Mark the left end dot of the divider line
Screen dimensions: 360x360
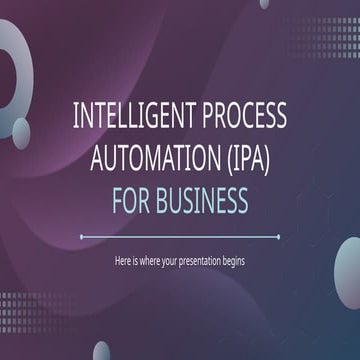click(x=81, y=237)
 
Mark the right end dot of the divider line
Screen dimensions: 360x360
click(x=279, y=237)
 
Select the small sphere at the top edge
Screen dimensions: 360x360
click(x=264, y=3)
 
